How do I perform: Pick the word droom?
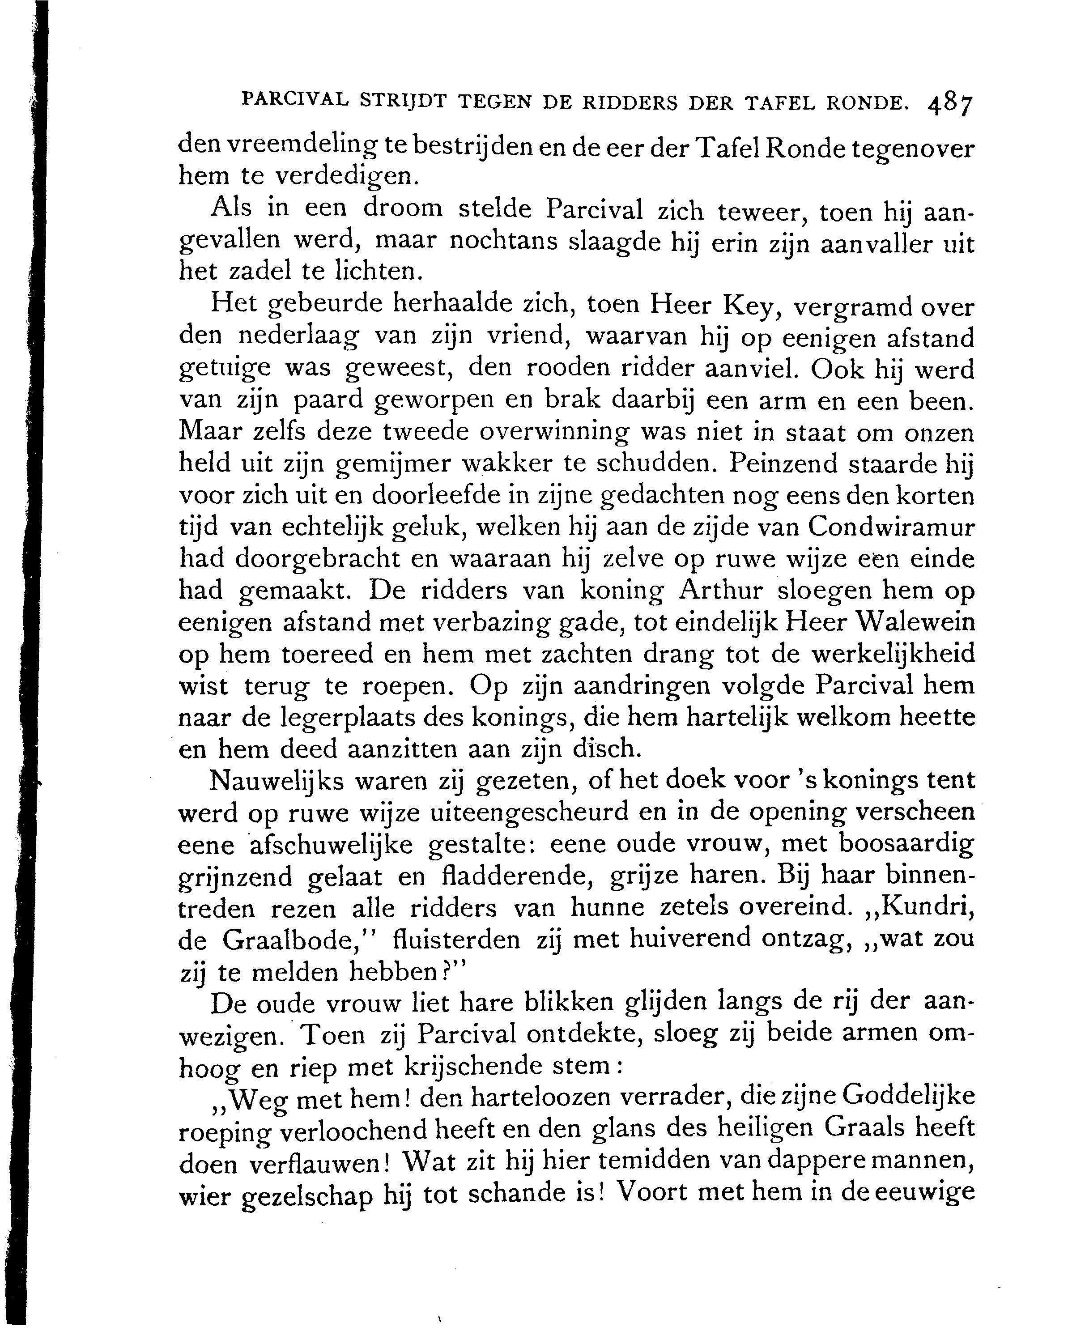(x=402, y=209)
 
